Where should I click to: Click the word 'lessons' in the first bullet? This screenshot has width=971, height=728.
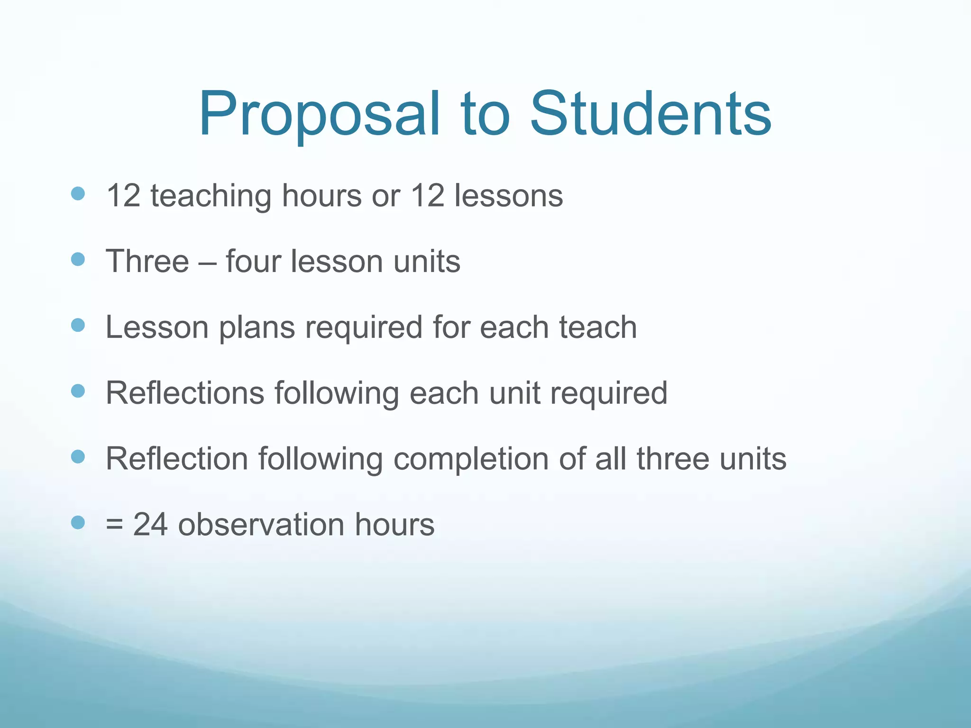[508, 195]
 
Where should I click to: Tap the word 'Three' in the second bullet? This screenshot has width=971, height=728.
[147, 261]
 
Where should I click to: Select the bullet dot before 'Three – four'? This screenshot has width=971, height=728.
[78, 259]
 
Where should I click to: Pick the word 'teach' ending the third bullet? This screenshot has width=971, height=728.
[597, 327]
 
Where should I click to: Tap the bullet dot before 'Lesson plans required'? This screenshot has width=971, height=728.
[78, 325]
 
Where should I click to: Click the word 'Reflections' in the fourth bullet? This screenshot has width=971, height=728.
[185, 393]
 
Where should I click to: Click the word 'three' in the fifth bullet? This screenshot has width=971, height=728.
[673, 459]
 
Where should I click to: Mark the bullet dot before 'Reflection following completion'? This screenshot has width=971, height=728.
[78, 457]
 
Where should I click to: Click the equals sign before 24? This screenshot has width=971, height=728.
[114, 525]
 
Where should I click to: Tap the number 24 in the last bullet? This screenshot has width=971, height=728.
[150, 525]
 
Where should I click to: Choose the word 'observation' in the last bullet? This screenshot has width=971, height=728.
[261, 525]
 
